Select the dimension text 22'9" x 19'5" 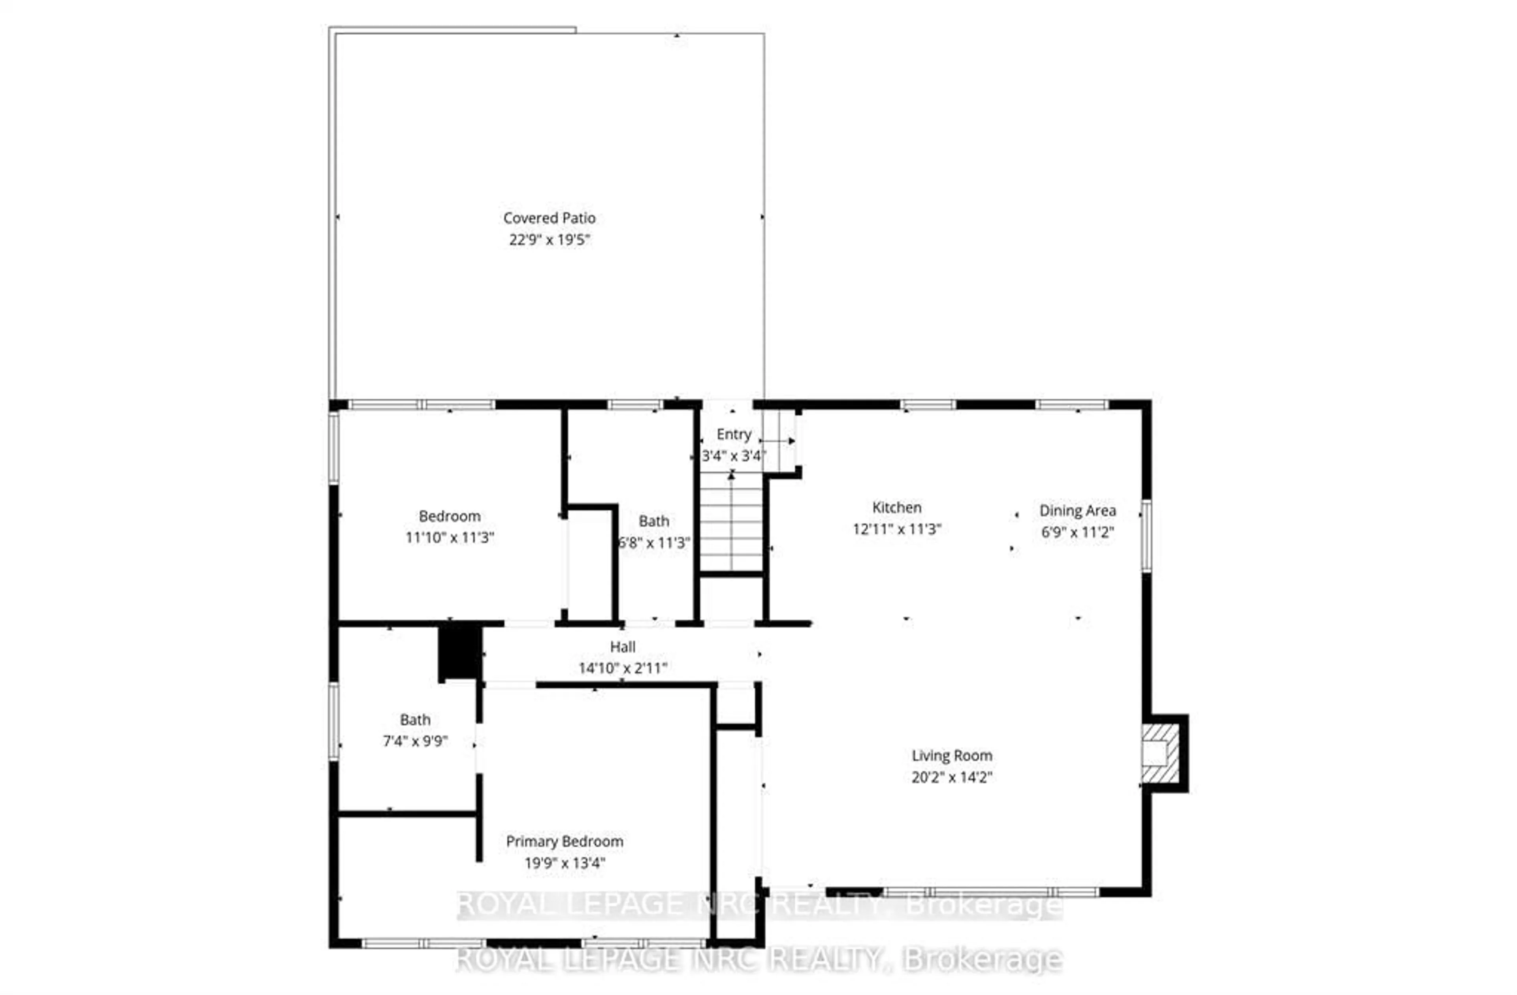(550, 240)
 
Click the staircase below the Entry (731, 523)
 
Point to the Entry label (734, 434)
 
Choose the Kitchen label (896, 508)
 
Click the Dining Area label (1077, 511)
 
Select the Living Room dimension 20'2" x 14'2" (952, 777)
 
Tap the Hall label (622, 647)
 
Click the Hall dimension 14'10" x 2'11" (622, 668)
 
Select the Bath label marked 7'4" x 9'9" (415, 720)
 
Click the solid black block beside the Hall (459, 653)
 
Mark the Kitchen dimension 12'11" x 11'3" (896, 529)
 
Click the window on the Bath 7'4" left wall (333, 721)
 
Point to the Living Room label (952, 755)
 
